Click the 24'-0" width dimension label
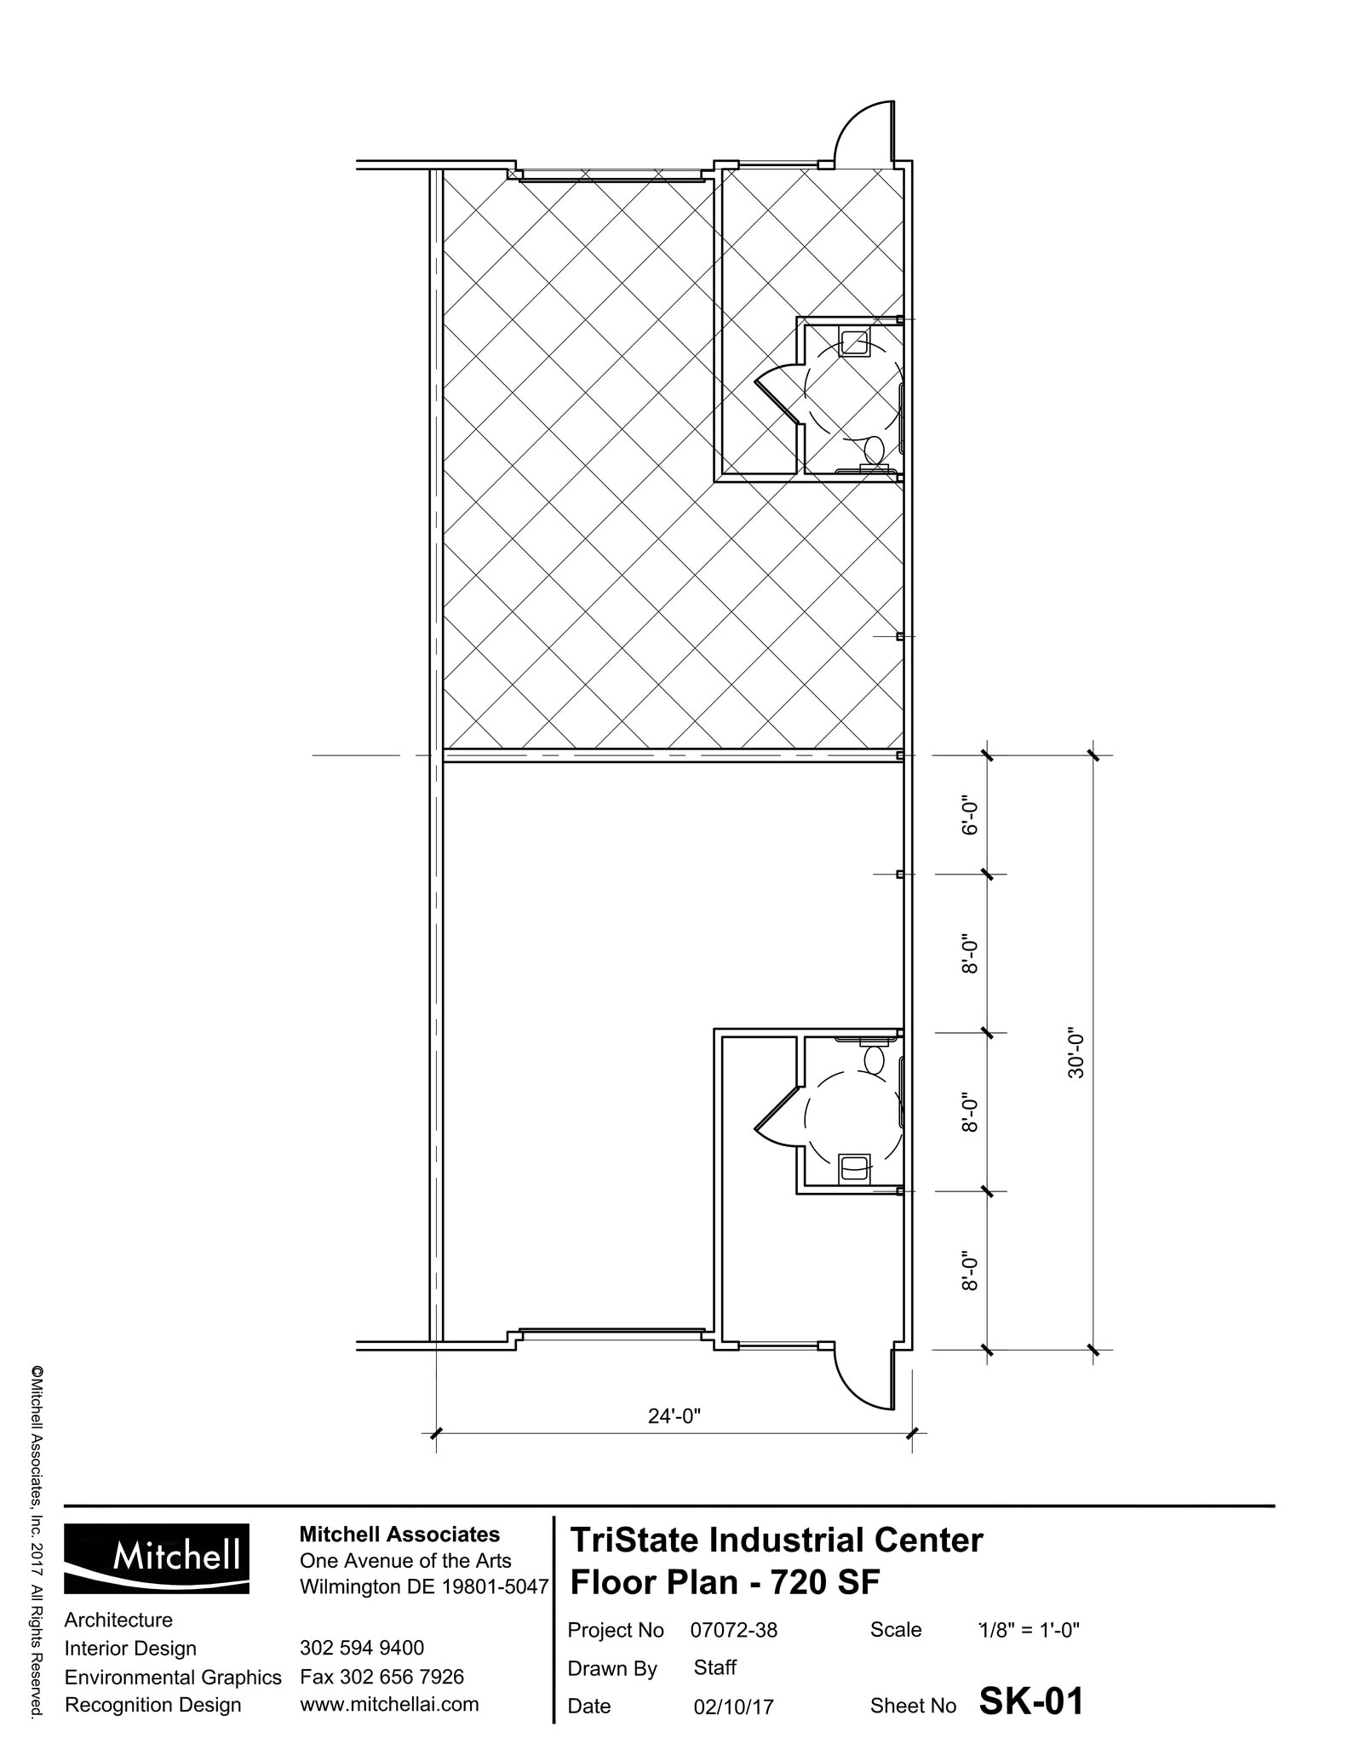pos(674,1415)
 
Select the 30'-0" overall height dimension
pos(1077,1056)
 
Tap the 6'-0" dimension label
pos(971,817)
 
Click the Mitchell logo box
pos(157,1558)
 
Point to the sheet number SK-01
pos(1030,1701)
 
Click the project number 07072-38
pos(733,1630)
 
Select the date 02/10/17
pos(733,1707)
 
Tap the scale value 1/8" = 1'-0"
pos(1029,1630)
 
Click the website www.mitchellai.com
pos(389,1704)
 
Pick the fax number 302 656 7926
pos(381,1677)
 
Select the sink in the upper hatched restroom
pos(854,342)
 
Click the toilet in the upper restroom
pos(874,449)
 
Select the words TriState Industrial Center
pos(776,1540)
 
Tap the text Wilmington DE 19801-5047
pos(423,1587)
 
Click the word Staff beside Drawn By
pos(714,1667)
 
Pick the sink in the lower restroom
pos(854,1167)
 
